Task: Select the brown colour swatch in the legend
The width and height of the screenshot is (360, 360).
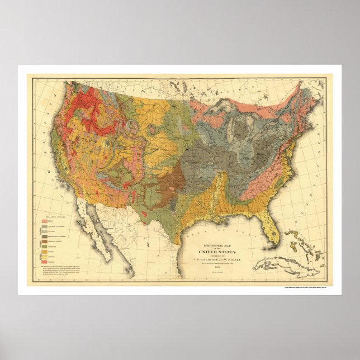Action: (x=45, y=241)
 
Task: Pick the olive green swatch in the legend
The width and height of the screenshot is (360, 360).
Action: (x=45, y=247)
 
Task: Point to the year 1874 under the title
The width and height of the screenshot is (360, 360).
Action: (x=218, y=266)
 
